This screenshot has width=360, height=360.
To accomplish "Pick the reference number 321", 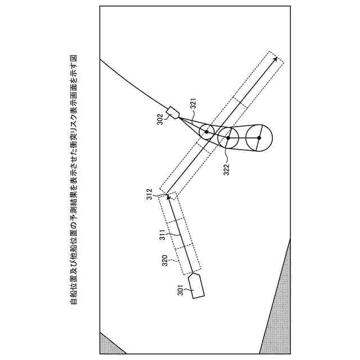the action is point(192,105).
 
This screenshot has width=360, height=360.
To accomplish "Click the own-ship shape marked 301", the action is point(197,285).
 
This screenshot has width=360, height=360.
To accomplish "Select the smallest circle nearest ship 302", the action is point(206,132).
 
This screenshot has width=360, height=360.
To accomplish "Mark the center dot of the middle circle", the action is point(228,137).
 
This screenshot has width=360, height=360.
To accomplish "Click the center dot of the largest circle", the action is point(259,137).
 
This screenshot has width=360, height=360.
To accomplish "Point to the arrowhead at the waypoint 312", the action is point(168,197).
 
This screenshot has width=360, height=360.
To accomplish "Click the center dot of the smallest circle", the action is point(206,132).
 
